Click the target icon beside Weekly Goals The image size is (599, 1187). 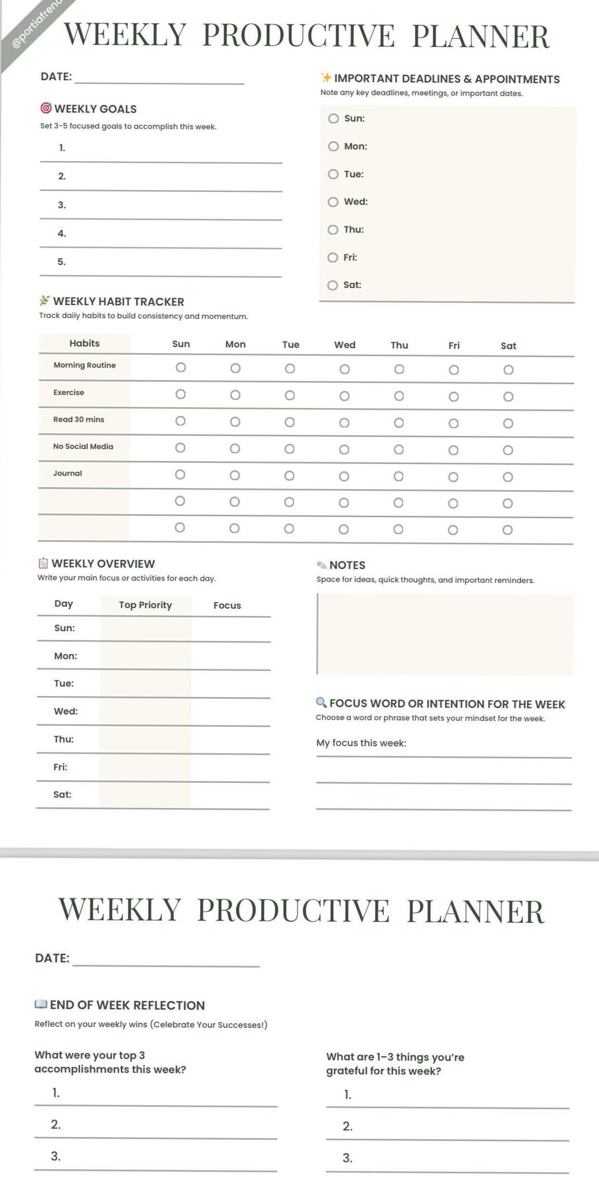click(x=46, y=108)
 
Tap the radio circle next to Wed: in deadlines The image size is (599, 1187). click(x=333, y=202)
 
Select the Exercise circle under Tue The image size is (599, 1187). click(x=289, y=396)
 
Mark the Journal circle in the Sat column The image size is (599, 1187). click(x=508, y=477)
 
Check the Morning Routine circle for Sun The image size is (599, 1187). click(x=180, y=368)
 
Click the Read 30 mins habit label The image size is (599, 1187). click(x=78, y=420)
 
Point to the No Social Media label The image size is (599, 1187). click(x=83, y=447)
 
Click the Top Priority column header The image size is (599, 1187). click(x=145, y=605)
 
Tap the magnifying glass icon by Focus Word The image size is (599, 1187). click(x=321, y=702)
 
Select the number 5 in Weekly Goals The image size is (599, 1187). click(x=62, y=262)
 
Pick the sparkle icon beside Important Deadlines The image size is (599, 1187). click(x=326, y=77)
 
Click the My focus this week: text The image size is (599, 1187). click(x=361, y=743)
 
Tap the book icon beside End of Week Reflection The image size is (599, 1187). click(x=41, y=1004)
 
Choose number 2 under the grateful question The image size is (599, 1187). click(x=347, y=1126)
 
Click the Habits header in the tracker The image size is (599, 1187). click(x=84, y=344)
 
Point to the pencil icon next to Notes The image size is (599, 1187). click(x=322, y=565)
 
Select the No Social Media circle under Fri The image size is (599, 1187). click(x=453, y=450)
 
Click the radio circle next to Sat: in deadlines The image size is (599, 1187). click(x=332, y=286)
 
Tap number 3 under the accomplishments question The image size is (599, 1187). click(x=56, y=1156)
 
